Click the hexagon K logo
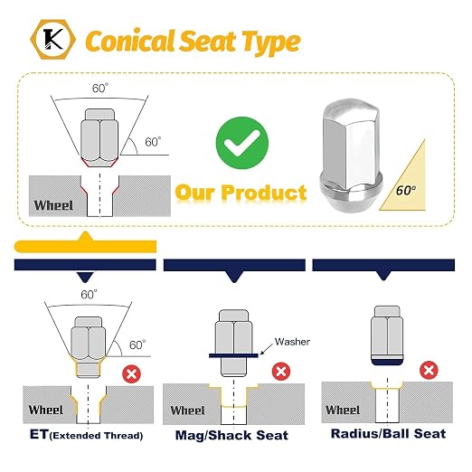click(53, 40)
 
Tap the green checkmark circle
click(242, 143)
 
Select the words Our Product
click(241, 193)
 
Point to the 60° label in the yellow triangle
click(406, 190)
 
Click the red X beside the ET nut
click(131, 374)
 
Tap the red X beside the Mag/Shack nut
click(281, 372)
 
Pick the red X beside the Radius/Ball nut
click(429, 370)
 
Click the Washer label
click(292, 342)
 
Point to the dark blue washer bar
click(233, 355)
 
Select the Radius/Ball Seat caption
click(388, 433)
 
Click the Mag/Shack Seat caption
click(231, 435)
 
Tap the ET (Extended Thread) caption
click(86, 435)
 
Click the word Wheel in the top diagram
click(53, 205)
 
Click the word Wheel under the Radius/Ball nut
click(343, 410)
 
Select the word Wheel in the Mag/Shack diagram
click(187, 411)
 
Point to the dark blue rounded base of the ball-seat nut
click(387, 362)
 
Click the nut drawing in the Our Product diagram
click(99, 138)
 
